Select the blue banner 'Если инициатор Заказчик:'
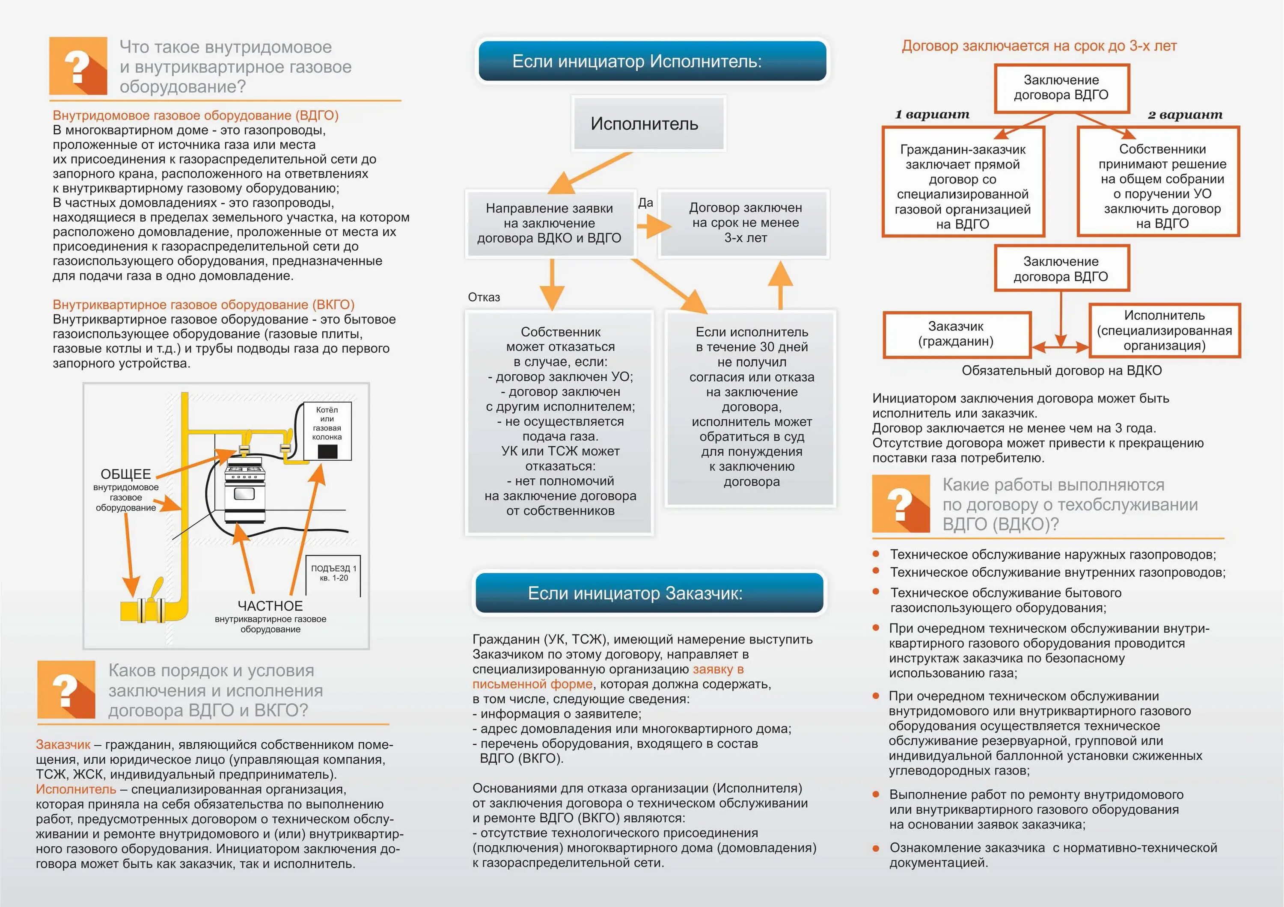point(649,593)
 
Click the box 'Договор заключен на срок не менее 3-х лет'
point(744,223)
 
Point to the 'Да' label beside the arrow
point(645,203)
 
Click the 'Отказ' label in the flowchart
point(484,297)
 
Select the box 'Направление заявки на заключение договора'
point(549,223)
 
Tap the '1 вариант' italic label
point(932,115)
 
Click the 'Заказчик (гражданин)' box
point(956,334)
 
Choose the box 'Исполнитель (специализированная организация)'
point(1164,330)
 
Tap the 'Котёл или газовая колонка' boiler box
point(327,431)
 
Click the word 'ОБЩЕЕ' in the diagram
point(126,474)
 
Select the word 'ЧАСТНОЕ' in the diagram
point(270,606)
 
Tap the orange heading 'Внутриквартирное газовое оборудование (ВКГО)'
point(204,305)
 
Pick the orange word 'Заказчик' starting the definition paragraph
point(62,744)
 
